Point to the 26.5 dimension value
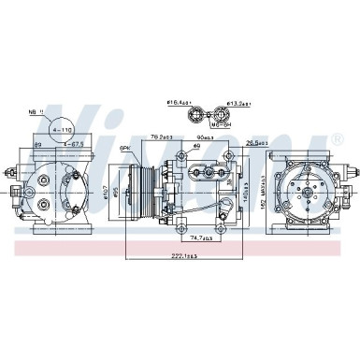[253, 143]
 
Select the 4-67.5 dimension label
[73, 145]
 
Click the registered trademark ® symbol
[335, 141]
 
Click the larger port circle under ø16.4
[196, 117]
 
